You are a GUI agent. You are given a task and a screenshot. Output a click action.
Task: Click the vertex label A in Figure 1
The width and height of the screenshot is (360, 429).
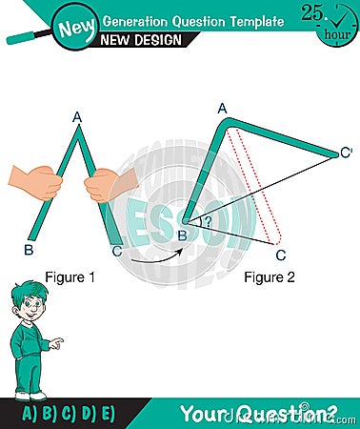[x=78, y=118]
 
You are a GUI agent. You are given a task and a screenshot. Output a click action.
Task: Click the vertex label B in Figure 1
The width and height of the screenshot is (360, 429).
[x=29, y=252]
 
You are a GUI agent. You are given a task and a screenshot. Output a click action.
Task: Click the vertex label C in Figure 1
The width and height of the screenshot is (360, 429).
[x=116, y=252]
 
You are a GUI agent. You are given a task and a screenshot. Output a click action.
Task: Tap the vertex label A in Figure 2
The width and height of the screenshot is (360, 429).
[x=222, y=109]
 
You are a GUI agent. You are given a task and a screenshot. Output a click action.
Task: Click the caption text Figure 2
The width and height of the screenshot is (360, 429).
[x=269, y=278]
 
